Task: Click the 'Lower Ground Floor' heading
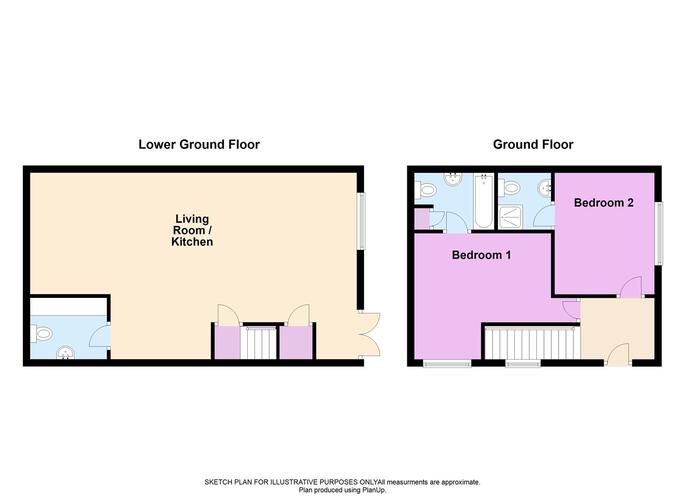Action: tap(199, 144)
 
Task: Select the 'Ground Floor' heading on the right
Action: tap(533, 144)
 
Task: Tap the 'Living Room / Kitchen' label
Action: tap(192, 230)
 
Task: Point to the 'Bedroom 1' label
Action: tap(481, 255)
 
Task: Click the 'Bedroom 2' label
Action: tap(603, 202)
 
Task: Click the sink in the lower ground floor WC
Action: tap(66, 354)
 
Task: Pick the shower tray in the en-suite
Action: tap(510, 217)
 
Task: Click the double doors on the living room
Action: tap(370, 334)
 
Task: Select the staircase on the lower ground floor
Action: tap(258, 342)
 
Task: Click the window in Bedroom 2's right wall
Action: tap(660, 233)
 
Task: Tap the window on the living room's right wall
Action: tap(362, 221)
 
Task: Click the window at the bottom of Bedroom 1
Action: tap(447, 364)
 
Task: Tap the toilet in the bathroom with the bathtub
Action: tap(427, 189)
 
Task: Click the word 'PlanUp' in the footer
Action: tap(374, 490)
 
